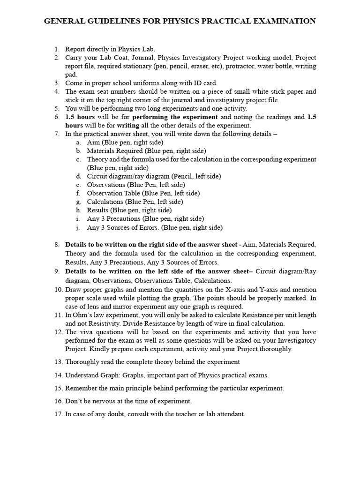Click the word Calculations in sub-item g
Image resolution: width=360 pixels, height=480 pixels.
105,201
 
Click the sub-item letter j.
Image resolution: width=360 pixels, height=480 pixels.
78,227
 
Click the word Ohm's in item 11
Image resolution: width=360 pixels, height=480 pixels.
83,315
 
